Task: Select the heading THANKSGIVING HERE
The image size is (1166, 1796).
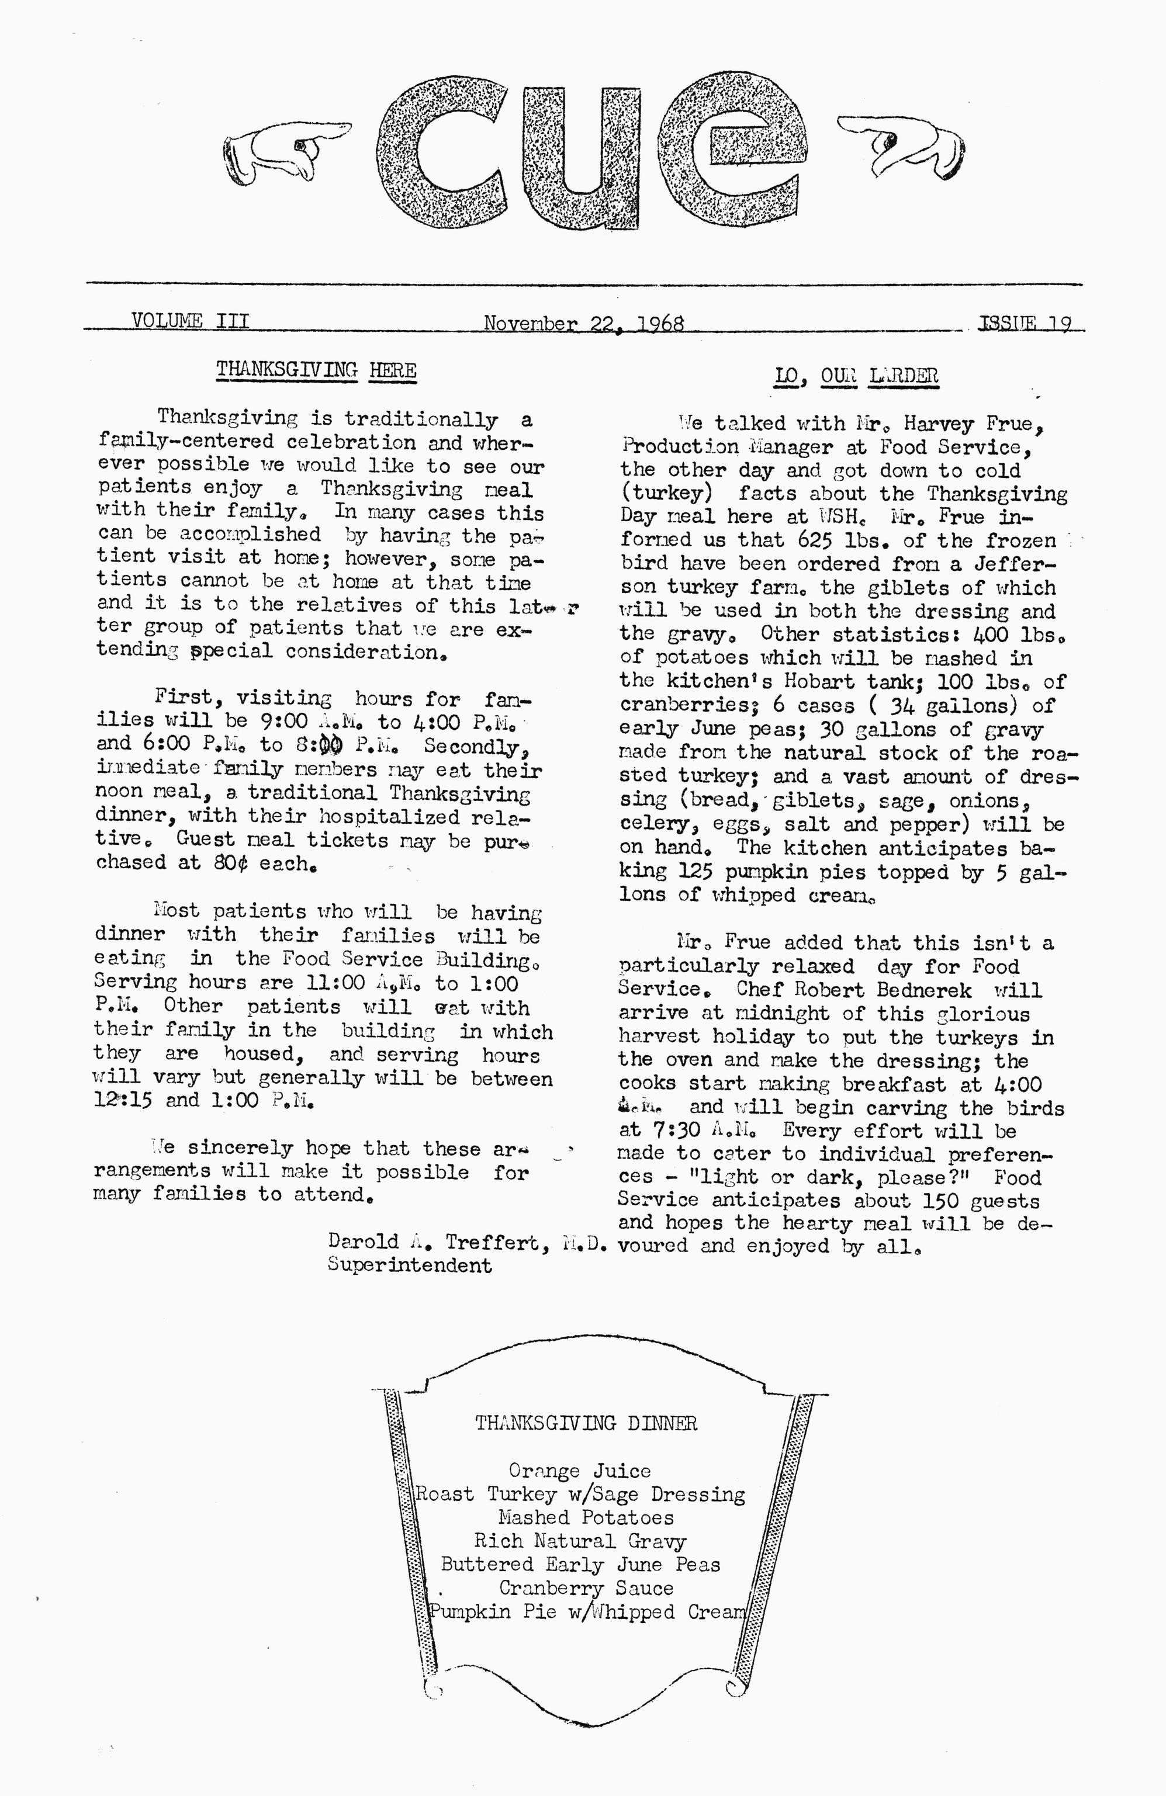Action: [316, 370]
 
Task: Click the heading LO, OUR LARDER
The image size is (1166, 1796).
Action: [857, 375]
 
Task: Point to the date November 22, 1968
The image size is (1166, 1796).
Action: [583, 323]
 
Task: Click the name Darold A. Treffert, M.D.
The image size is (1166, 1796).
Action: [467, 1242]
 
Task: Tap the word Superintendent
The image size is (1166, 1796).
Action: [409, 1265]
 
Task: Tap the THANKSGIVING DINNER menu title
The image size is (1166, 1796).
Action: [586, 1423]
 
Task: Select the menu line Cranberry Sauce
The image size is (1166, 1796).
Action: [586, 1588]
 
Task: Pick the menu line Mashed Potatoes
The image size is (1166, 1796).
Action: [586, 1517]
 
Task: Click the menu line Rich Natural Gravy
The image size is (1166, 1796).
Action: [580, 1540]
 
